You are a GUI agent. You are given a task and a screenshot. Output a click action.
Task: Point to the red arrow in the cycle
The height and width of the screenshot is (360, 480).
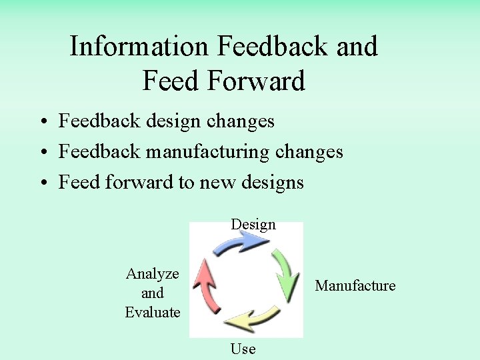click(x=207, y=287)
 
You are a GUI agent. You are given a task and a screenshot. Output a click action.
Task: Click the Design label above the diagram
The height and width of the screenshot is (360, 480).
click(x=253, y=224)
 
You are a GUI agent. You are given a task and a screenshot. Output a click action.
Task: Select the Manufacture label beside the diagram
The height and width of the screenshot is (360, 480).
click(x=355, y=285)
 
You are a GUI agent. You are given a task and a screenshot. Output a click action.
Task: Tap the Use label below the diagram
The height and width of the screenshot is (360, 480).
click(x=243, y=348)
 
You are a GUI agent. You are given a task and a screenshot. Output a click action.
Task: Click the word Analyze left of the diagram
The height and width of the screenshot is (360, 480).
click(x=152, y=273)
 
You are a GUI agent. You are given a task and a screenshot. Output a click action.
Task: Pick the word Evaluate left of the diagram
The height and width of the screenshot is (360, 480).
click(x=152, y=312)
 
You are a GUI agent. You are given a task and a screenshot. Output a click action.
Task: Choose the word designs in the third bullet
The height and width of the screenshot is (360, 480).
click(x=270, y=182)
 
